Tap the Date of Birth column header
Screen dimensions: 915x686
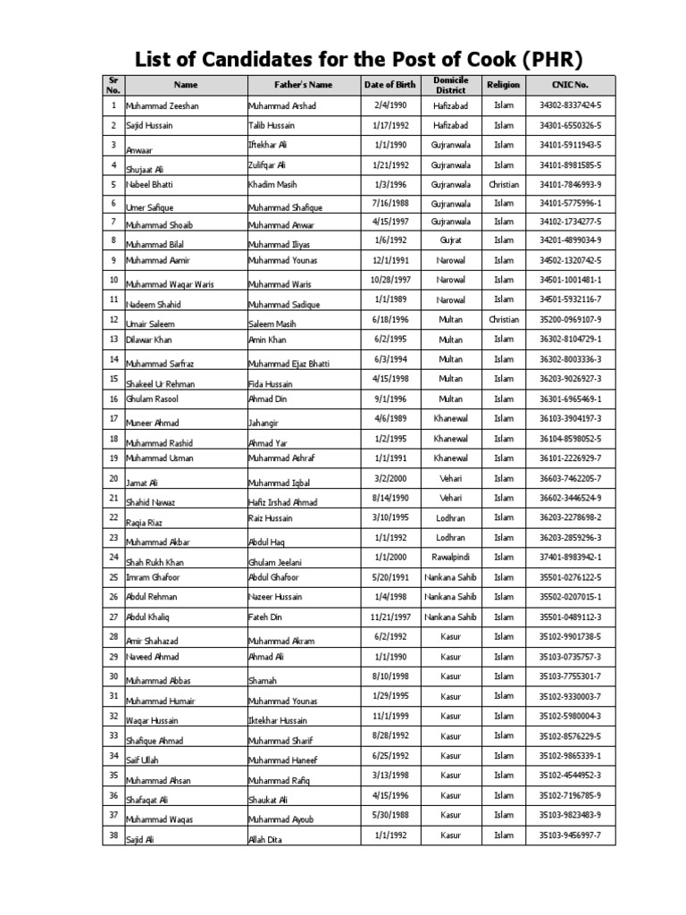(390, 85)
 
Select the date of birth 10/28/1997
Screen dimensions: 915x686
(390, 280)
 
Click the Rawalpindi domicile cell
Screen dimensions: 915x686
(451, 557)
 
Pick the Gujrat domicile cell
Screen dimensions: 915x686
(451, 240)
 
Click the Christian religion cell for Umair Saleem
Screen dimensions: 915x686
(504, 319)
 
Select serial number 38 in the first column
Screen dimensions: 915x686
(113, 834)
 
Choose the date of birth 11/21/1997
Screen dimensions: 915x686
(390, 617)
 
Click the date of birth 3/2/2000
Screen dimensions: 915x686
(390, 478)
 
